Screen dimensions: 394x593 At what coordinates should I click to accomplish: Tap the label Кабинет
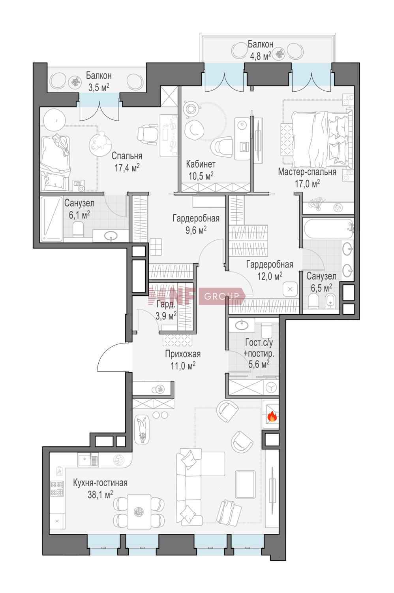click(201, 164)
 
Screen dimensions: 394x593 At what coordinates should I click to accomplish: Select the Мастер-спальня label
click(307, 172)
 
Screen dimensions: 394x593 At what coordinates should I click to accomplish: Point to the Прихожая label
click(183, 354)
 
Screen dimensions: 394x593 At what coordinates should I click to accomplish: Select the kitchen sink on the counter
click(88, 459)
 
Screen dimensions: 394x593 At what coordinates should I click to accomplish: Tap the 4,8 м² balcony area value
click(259, 56)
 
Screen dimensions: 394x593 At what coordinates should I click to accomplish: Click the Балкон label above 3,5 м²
click(99, 76)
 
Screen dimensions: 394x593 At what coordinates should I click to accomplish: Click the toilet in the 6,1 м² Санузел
click(78, 229)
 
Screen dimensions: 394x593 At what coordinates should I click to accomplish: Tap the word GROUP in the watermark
click(221, 296)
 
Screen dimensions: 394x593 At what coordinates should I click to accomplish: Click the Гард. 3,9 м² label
click(165, 310)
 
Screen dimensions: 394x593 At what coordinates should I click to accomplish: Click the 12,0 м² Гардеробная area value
click(270, 277)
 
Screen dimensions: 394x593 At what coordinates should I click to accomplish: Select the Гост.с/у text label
click(259, 343)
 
